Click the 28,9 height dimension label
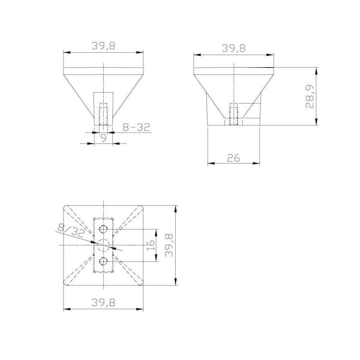(309, 97)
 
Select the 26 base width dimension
(233, 158)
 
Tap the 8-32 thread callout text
(136, 127)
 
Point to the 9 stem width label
(104, 138)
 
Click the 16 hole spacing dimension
(151, 245)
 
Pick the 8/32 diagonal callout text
(71, 230)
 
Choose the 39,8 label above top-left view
(103, 46)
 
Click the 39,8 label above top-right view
(234, 48)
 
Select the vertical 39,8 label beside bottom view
(169, 245)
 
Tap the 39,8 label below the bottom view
(103, 302)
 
